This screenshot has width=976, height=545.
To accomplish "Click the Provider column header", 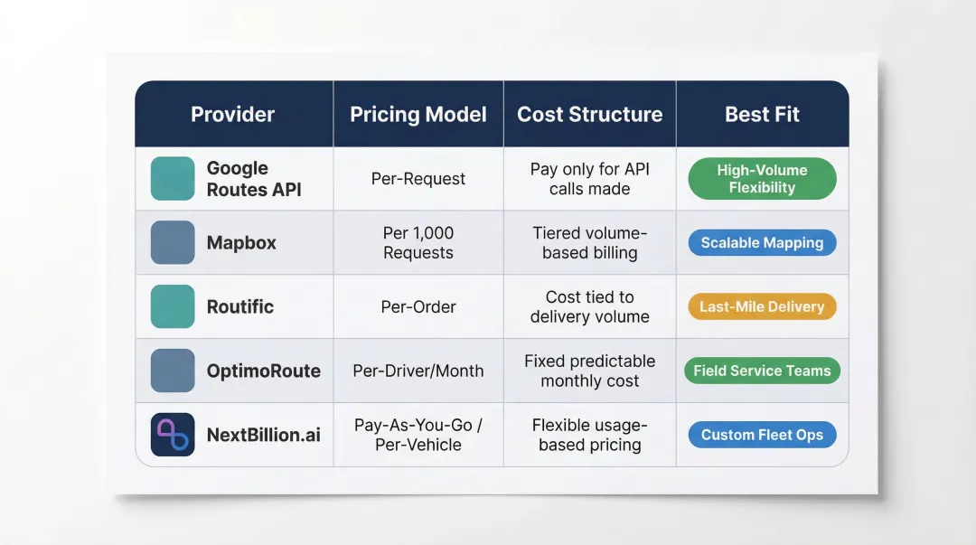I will pos(232,115).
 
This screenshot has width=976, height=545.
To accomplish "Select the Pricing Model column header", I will pos(418,115).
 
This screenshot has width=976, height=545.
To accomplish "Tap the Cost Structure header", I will pos(589,115).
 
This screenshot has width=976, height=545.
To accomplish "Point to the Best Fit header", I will pos(762,115).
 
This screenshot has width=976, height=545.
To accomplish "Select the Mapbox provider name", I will pos(241,243).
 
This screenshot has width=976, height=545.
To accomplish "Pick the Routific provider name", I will pos(239,306).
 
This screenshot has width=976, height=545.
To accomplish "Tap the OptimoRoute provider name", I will pos(263,371).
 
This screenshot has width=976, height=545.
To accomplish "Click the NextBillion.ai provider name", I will pos(263,435).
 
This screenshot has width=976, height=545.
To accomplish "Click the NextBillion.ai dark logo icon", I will pos(173,435).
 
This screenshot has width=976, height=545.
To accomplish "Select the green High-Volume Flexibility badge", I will pos(762,179).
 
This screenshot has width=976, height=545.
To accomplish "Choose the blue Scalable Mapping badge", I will pos(762,243).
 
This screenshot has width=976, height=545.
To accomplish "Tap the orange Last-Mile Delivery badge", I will pos(762,306).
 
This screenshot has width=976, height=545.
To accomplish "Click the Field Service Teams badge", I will pos(762,371).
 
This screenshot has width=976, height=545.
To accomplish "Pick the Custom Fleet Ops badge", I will pos(762,435).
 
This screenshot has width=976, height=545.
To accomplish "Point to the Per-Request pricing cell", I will pos(418,179).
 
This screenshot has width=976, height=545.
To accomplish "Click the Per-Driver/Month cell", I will pos(418,371).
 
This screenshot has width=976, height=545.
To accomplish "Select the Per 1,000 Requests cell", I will pos(418,243).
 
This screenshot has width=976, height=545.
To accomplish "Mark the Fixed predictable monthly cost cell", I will pos(589,371).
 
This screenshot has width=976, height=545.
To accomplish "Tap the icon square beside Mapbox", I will pos(173,243).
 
